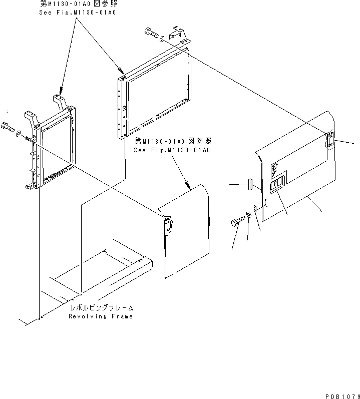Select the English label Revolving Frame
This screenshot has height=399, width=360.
tap(101, 316)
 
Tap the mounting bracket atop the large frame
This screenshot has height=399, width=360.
tap(178, 33)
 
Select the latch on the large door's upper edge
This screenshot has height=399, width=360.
tap(330, 140)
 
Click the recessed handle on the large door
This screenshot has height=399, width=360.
tap(278, 182)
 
